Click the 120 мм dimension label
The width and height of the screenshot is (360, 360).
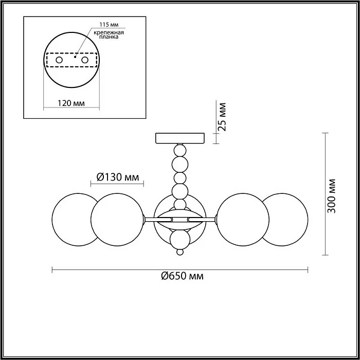coord(71,103)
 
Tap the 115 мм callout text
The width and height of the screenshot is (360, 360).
coord(109,24)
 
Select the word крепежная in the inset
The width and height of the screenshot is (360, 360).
coord(109,32)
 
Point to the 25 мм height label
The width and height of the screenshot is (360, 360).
coord(222,117)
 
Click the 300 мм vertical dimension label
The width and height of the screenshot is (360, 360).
coord(331,195)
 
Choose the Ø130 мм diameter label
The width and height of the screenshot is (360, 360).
coord(118,177)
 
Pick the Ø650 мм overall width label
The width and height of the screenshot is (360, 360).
coord(182,276)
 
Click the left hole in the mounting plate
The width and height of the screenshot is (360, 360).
coord(59,60)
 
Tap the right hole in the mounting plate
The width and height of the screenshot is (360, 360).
coord(85,60)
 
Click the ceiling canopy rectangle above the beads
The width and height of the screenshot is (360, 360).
coord(180,138)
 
